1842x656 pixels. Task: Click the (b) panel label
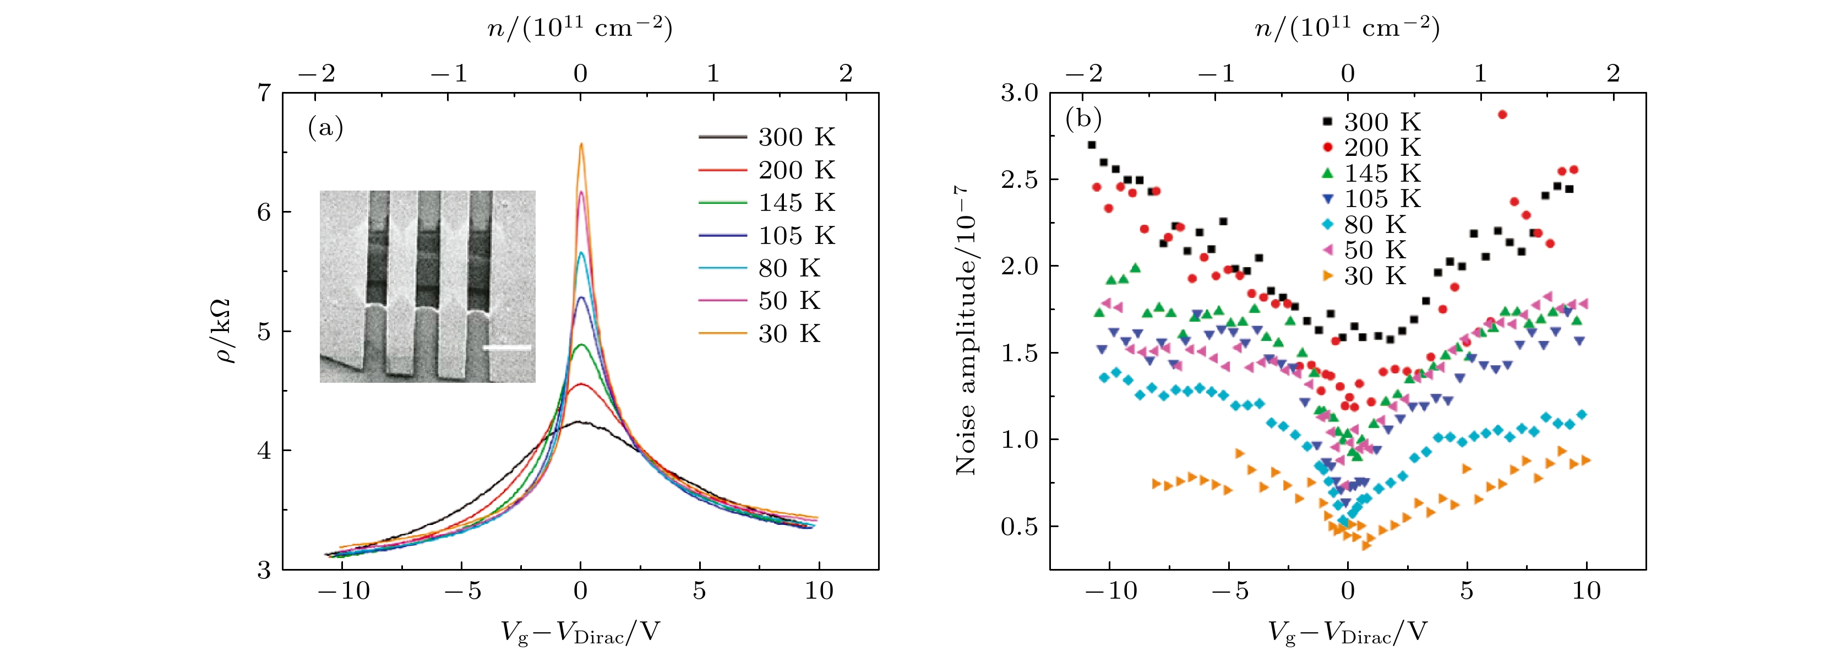(1083, 118)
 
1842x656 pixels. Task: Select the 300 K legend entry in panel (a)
(766, 137)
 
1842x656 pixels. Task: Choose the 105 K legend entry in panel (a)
(766, 235)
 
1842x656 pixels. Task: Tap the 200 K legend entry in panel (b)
(1373, 148)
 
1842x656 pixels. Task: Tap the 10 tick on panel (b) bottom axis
(1586, 591)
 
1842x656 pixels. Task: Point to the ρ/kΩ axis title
(227, 331)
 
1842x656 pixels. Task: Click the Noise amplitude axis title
(966, 331)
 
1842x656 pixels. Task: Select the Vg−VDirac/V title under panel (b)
(1347, 632)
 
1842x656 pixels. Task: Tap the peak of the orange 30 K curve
(581, 144)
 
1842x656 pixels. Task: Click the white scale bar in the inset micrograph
(507, 349)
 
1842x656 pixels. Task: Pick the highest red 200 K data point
(1502, 115)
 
